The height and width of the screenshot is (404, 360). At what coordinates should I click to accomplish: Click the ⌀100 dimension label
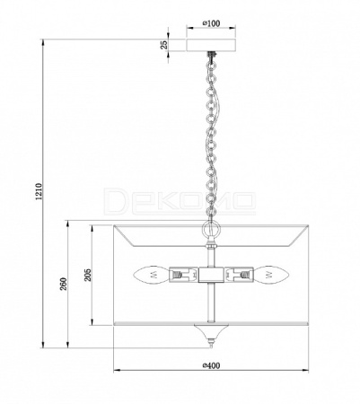coord(211,23)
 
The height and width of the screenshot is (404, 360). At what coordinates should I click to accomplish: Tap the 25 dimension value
coord(163,45)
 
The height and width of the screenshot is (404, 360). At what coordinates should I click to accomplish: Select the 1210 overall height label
coord(40,191)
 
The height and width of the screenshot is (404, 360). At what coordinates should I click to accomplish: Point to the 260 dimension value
coord(64,284)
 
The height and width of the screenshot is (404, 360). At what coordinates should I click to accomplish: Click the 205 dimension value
coord(88,275)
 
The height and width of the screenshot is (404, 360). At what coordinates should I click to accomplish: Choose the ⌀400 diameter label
coord(211,365)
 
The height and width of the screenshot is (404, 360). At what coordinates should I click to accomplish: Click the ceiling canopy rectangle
coord(211,45)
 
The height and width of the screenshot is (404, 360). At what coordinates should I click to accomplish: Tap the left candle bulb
coord(151,275)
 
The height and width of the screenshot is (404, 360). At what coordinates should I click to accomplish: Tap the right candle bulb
coord(271,275)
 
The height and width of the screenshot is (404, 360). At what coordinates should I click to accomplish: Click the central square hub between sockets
coord(211,275)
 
